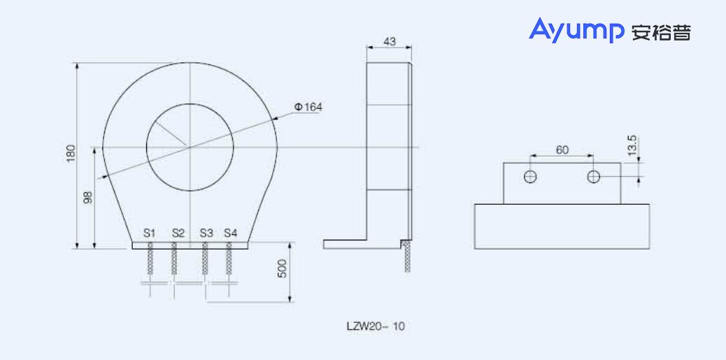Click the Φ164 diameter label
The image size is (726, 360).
308,107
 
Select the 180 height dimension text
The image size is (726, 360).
70,154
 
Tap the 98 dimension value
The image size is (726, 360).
88,198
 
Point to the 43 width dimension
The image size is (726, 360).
389,42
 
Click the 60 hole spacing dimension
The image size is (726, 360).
562,150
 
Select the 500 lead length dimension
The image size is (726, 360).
283,270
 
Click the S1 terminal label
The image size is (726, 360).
149,232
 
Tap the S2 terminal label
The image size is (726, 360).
178,232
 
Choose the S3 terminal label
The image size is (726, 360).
206,232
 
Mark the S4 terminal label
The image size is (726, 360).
231,232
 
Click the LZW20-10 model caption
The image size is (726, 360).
375,326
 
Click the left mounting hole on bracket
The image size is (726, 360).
531,177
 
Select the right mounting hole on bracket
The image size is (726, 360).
593,177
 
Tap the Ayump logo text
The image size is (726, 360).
576,31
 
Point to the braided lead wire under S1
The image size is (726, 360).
150,263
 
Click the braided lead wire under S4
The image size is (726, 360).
229,263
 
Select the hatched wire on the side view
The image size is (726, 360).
406,258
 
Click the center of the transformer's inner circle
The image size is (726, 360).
190,147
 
